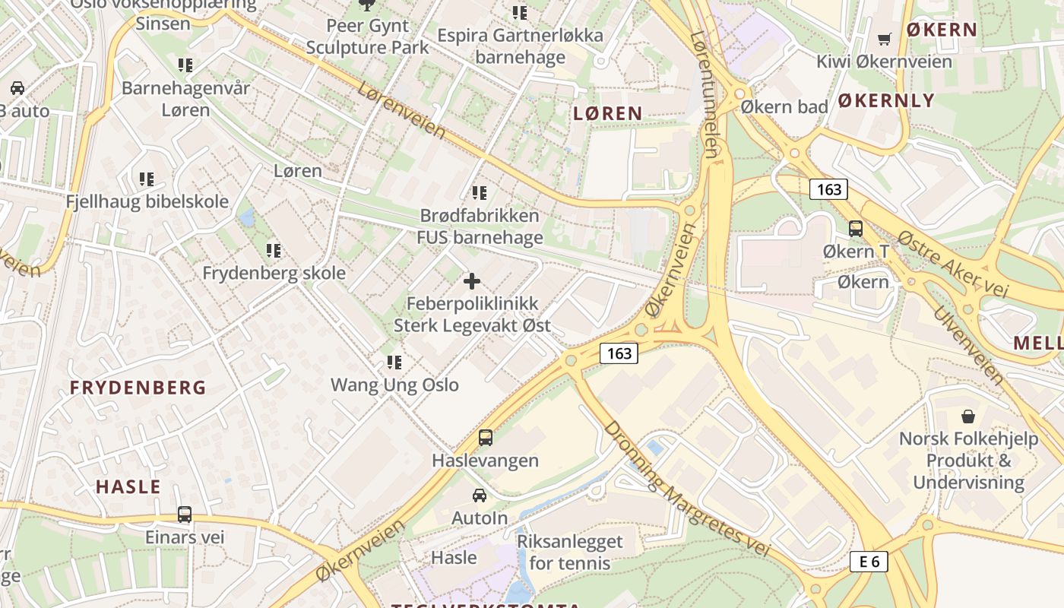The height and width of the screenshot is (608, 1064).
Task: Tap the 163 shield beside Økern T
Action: click(x=828, y=188)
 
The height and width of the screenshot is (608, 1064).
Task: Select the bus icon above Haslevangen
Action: click(x=485, y=438)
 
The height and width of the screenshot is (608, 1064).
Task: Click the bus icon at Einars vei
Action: click(x=185, y=515)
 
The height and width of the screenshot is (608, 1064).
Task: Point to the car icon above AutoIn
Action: click(x=480, y=496)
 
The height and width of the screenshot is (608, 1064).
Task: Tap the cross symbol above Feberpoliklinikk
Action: click(x=472, y=281)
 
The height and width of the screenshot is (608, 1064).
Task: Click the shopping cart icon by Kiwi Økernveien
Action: click(x=885, y=39)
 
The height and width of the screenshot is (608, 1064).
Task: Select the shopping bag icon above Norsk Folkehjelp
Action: click(x=968, y=416)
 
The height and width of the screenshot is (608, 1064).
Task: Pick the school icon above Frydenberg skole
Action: click(x=274, y=250)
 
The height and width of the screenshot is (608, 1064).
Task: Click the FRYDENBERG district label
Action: click(x=138, y=388)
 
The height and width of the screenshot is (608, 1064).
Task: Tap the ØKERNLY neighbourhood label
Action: click(x=886, y=100)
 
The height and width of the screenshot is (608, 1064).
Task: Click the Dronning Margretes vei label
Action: click(x=686, y=488)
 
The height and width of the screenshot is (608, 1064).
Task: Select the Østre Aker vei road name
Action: click(x=952, y=264)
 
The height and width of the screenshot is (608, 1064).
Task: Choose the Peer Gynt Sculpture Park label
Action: click(x=367, y=36)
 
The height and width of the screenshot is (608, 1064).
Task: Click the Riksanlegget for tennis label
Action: click(x=569, y=552)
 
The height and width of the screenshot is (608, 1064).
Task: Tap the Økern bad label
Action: click(x=784, y=106)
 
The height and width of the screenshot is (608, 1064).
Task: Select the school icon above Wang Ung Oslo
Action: click(x=394, y=362)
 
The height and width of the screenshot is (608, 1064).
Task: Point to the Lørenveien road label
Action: click(x=401, y=111)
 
